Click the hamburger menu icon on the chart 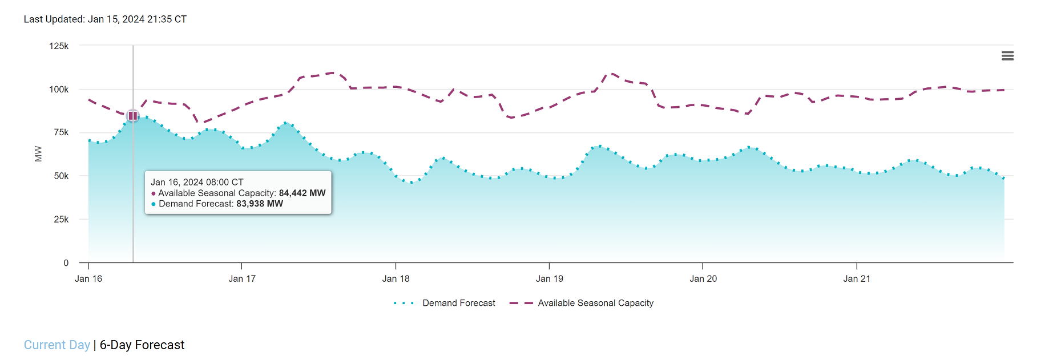click(1007, 56)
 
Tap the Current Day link click(57, 345)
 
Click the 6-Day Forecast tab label click(142, 345)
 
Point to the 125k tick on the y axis click(59, 46)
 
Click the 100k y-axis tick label click(59, 90)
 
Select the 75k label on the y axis click(61, 132)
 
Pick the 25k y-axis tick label click(61, 220)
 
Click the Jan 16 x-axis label click(88, 279)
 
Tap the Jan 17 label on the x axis click(242, 279)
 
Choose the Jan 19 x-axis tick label click(549, 279)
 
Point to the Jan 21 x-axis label click(857, 279)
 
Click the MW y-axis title click(38, 153)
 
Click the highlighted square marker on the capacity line click(133, 116)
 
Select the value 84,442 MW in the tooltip click(302, 193)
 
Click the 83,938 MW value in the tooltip click(260, 204)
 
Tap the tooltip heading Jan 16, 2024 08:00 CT click(197, 183)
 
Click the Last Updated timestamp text click(105, 19)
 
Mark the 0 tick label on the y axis click(66, 263)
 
